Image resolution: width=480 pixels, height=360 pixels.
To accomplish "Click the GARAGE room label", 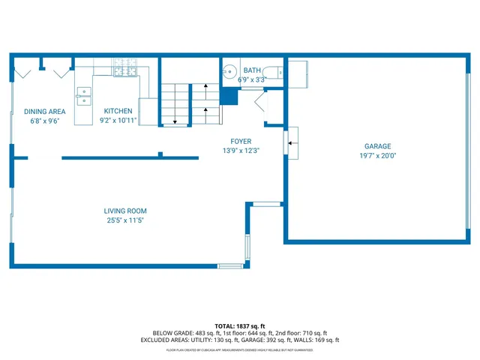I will pos(378,146).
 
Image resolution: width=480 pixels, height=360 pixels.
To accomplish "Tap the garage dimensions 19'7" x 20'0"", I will pos(378,156).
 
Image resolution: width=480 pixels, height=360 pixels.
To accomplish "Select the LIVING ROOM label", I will pos(125,211).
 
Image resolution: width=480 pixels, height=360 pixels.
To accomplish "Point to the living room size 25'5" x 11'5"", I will pos(125,220).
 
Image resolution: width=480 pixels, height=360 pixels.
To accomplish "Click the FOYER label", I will pos(241,141).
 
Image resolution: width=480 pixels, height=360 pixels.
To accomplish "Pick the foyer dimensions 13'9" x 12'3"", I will pos(241,151).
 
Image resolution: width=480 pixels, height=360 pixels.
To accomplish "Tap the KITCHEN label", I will pos(118,111).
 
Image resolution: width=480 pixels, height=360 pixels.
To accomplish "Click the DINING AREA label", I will pos(44,111).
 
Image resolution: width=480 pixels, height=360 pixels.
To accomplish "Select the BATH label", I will pos(252,70).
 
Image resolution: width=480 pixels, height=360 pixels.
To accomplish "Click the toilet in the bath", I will pos(277,73).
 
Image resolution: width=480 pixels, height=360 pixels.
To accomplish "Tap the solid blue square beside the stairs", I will pos(229,97).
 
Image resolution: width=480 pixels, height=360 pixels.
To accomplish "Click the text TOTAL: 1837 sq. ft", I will pos(240,325).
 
